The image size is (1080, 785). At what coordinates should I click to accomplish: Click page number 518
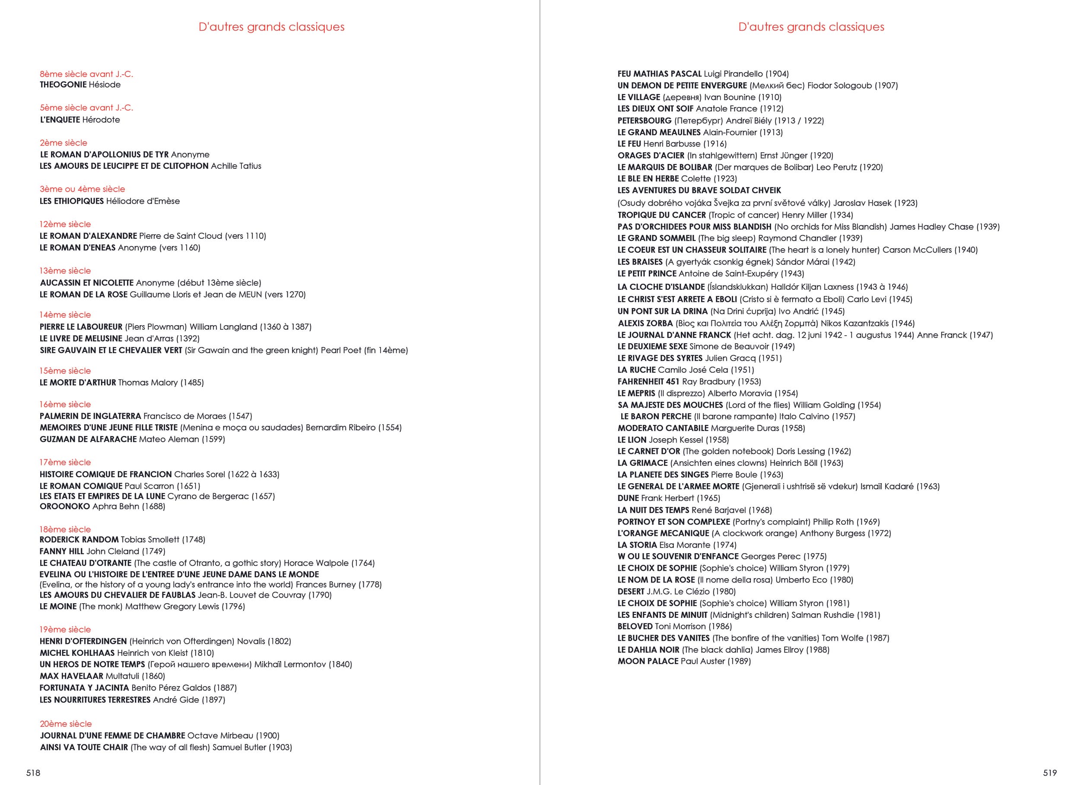(x=33, y=772)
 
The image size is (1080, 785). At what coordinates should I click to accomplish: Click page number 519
(x=1049, y=772)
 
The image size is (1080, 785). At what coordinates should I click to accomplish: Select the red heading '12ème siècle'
(x=65, y=224)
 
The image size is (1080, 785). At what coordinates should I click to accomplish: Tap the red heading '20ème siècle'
(x=66, y=724)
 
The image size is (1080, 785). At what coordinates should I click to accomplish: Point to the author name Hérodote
(x=101, y=120)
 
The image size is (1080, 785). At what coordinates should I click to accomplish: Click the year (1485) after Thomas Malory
(x=192, y=383)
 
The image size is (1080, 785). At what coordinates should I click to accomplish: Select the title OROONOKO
(x=65, y=506)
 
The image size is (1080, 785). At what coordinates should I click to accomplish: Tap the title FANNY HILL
(x=62, y=551)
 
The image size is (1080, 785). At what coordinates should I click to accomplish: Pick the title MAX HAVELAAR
(x=71, y=676)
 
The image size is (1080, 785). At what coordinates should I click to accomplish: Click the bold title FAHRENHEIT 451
(x=648, y=382)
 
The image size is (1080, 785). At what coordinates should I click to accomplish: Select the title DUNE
(x=628, y=498)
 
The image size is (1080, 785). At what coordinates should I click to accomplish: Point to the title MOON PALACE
(x=648, y=661)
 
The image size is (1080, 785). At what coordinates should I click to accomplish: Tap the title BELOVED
(x=635, y=627)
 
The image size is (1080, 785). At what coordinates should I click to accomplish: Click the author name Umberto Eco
(x=801, y=580)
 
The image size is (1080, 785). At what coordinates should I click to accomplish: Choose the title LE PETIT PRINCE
(x=647, y=274)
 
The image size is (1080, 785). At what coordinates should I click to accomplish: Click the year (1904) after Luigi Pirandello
(x=777, y=74)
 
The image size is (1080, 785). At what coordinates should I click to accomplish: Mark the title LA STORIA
(x=637, y=545)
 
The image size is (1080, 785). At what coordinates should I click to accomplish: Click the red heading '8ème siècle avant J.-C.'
(x=86, y=74)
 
